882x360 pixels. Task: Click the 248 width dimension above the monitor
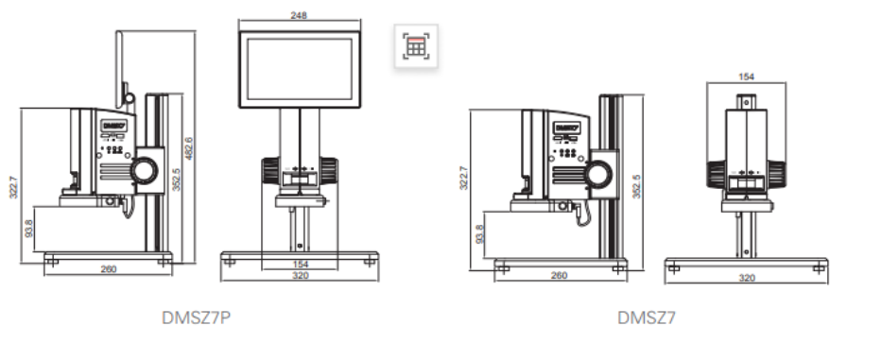(299, 15)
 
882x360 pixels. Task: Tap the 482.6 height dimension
(189, 148)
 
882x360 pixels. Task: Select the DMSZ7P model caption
(196, 317)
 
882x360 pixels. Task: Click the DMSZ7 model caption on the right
(647, 317)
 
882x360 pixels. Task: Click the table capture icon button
(416, 46)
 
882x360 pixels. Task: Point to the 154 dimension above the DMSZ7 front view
(746, 77)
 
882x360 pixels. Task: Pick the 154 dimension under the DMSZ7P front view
(301, 265)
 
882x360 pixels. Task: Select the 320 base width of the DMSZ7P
(301, 276)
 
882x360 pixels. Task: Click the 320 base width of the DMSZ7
(747, 278)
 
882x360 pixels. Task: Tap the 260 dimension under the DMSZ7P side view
(109, 269)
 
